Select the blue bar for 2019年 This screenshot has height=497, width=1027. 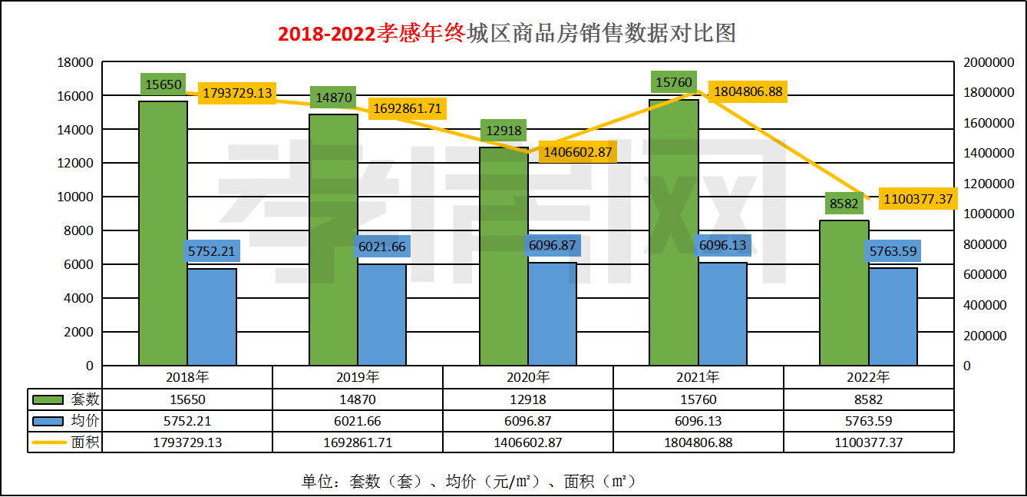(381, 315)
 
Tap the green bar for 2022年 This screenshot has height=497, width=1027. (844, 293)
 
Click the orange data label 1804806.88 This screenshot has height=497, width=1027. (748, 92)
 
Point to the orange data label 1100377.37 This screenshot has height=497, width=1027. (918, 199)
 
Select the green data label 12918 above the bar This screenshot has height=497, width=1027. (504, 131)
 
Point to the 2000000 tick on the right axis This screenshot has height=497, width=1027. (986, 62)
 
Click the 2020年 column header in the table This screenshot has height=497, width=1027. (528, 377)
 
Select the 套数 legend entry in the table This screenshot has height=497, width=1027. (65, 399)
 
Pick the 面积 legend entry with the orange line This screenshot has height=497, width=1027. (65, 442)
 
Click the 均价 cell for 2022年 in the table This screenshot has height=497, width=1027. (868, 421)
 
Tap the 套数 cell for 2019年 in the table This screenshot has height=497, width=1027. (358, 399)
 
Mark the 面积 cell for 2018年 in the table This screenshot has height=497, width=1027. (187, 442)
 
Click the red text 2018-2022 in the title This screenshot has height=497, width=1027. (326, 34)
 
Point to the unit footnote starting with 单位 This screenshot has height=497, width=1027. (468, 482)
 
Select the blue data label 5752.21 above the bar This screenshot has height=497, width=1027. (211, 250)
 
